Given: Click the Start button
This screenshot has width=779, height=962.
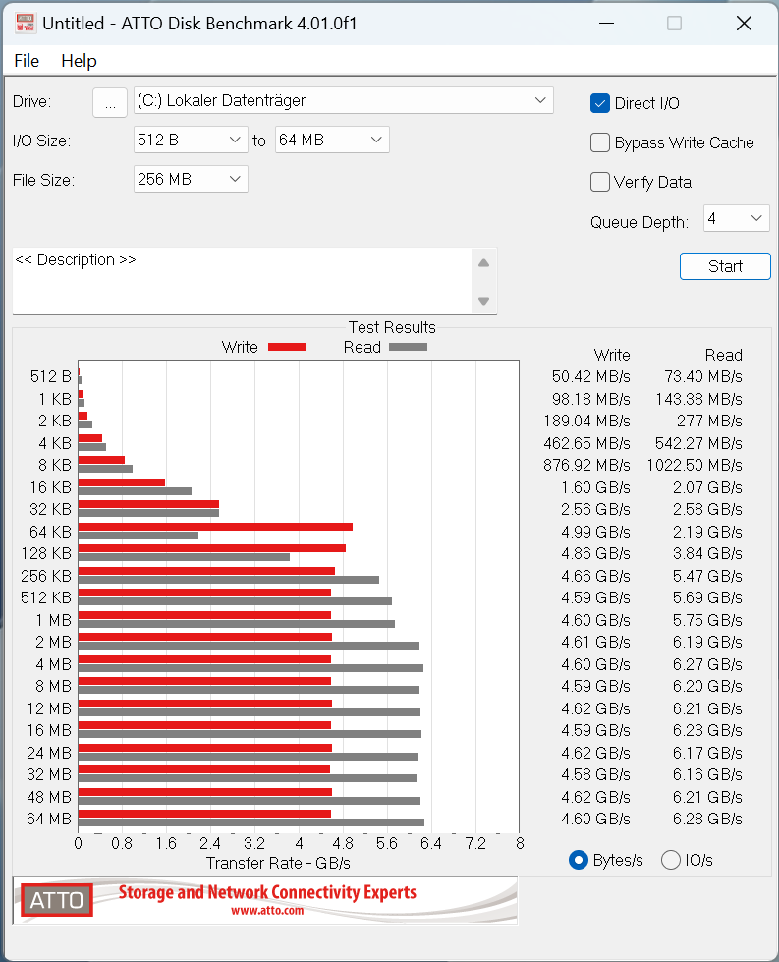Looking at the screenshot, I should pos(725,266).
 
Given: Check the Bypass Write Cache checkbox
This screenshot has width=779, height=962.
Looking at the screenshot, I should pos(600,143).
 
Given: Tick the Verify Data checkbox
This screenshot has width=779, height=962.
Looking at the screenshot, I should pos(600,182).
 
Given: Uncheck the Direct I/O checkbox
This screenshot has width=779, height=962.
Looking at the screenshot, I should pos(600,103).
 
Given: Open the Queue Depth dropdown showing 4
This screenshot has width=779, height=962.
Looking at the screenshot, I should pos(736,218).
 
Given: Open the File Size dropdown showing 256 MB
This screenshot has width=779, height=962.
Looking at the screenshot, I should pos(191,179).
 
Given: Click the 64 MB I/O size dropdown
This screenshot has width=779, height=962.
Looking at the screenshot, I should pos(332,141).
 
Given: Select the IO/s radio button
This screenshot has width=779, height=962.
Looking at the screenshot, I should pos(671,860).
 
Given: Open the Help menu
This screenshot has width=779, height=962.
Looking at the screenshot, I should pos(79,61).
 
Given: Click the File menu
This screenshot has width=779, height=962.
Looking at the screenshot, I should pos(27,61).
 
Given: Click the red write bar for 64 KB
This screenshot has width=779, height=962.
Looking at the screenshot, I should pos(215,527).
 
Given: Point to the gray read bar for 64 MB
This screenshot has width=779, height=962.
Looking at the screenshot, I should pos(250,822).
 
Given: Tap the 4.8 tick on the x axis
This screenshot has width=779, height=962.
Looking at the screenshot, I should pos(343,843).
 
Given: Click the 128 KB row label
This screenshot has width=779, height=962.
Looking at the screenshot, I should pos(47,553).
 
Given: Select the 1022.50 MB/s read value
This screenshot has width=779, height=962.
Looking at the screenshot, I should pos(695,465).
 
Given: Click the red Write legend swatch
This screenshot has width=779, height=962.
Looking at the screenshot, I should pos(287,347).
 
